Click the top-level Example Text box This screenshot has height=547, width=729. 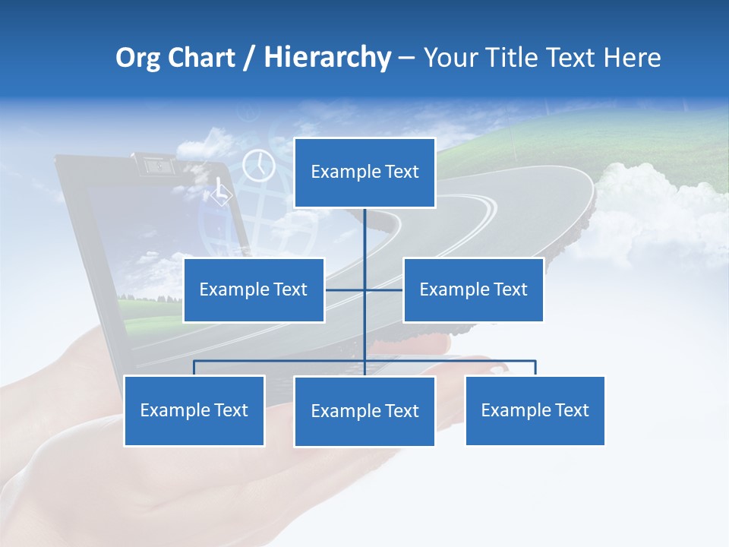click(364, 172)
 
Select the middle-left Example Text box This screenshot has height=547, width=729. click(254, 289)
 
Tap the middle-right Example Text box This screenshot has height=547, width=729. click(473, 289)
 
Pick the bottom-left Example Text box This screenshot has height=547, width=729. click(194, 410)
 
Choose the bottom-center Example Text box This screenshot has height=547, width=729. click(364, 411)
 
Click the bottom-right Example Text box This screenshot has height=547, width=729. click(535, 410)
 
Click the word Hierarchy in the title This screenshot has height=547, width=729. click(327, 57)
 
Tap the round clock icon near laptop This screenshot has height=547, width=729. click(258, 166)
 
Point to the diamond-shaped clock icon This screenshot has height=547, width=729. click(220, 193)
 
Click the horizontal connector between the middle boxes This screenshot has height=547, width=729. click(383, 289)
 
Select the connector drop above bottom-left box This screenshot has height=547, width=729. click(194, 368)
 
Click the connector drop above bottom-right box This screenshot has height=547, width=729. click(535, 368)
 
